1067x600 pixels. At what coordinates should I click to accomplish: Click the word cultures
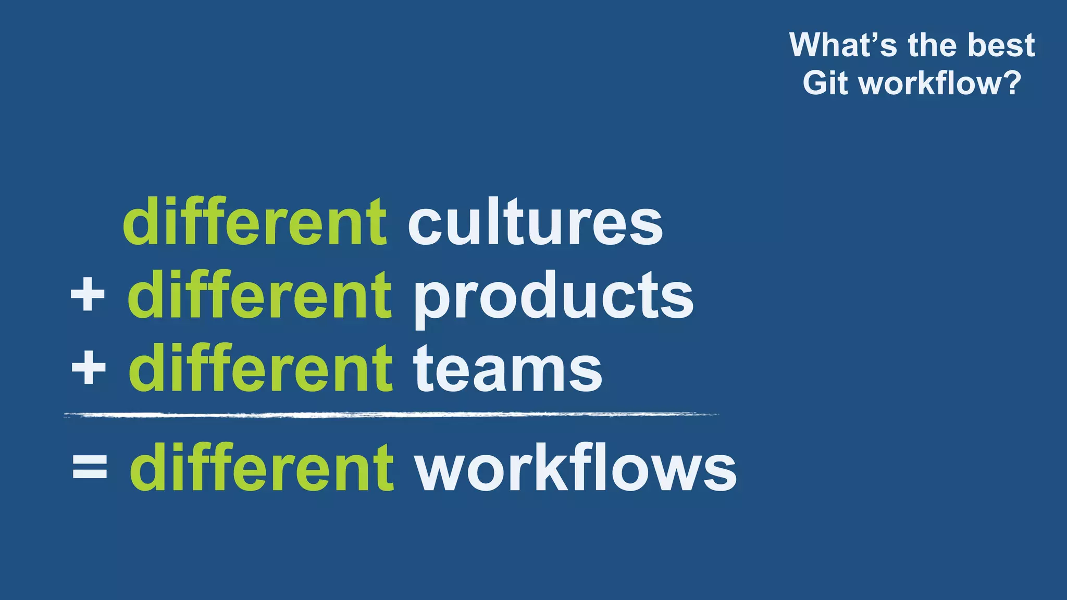pyautogui.click(x=535, y=222)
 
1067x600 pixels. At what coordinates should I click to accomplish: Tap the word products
pyautogui.click(x=553, y=297)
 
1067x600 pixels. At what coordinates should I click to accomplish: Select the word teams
pyautogui.click(x=508, y=370)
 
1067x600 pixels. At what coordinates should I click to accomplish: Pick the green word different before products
pyautogui.click(x=259, y=296)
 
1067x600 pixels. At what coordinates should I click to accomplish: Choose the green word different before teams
pyautogui.click(x=260, y=369)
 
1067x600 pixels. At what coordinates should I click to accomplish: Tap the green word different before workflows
pyautogui.click(x=262, y=467)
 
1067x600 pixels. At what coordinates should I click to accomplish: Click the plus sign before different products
pyautogui.click(x=88, y=294)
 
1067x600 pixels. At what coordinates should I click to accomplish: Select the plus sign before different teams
pyautogui.click(x=89, y=368)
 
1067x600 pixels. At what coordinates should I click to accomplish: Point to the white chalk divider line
pyautogui.click(x=391, y=415)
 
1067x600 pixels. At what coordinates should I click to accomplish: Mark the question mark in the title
pyautogui.click(x=1011, y=83)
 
